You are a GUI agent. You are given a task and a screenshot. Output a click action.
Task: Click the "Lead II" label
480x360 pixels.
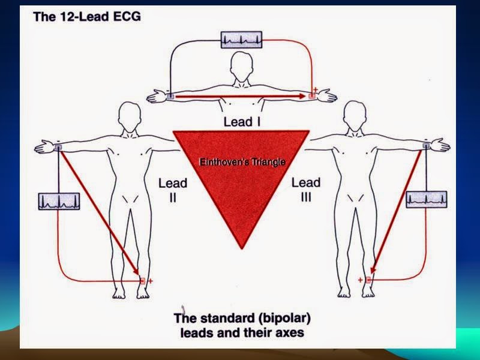point(173,189)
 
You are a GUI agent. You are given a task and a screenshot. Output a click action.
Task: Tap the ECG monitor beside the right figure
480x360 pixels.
point(427,199)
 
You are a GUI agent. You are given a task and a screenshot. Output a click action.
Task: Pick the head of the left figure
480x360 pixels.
point(131,113)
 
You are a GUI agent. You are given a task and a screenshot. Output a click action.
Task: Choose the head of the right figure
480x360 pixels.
point(352,113)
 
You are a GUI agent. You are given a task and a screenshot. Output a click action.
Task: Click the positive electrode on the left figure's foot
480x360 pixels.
point(142,281)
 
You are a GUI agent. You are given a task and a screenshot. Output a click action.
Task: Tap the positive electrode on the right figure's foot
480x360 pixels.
point(368,280)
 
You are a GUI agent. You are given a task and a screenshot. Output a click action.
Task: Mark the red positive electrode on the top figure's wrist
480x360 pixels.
point(311,95)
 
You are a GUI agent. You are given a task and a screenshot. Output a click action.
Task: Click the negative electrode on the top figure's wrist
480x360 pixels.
point(170,95)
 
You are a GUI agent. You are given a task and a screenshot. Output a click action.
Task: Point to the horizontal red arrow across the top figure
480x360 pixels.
point(240,95)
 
